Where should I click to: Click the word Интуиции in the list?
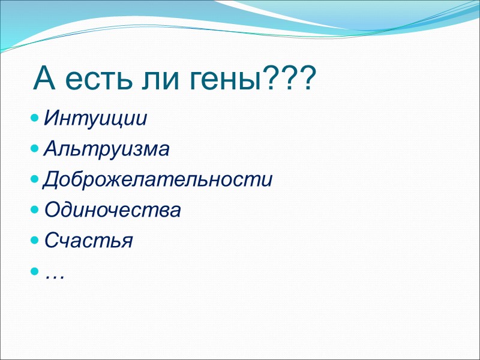95,118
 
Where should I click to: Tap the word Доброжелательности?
158,179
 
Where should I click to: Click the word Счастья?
89,241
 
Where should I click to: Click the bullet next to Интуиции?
36,116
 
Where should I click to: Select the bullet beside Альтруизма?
36,147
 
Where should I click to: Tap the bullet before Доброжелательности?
36,179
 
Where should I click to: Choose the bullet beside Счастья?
36,240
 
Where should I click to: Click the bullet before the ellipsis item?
36,272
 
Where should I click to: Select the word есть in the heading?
100,80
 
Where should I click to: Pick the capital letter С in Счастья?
51,241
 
